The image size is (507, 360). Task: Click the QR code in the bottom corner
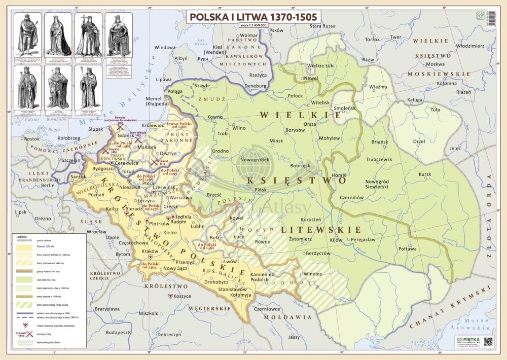click(488, 342)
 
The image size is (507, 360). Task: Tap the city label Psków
click(276, 30)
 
